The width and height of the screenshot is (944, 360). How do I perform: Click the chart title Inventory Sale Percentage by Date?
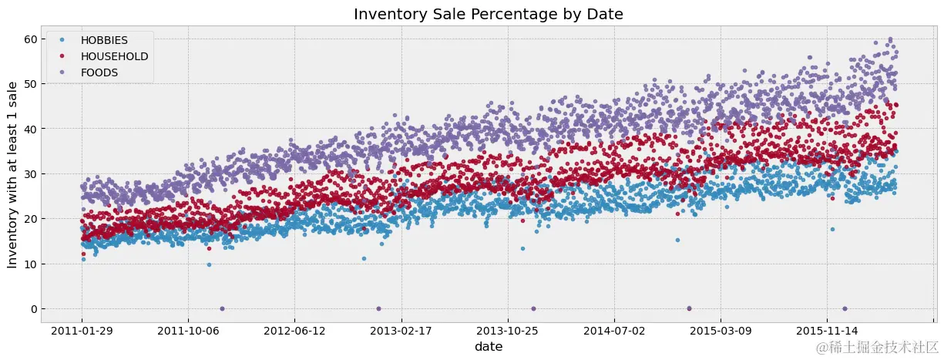[488, 13]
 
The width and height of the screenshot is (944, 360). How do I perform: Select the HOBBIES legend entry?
[106, 39]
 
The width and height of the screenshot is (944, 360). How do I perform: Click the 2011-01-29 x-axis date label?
[82, 331]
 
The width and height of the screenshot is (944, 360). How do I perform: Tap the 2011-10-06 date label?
[188, 331]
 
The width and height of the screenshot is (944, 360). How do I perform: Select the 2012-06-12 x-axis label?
[294, 331]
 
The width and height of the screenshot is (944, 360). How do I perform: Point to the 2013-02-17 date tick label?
[401, 331]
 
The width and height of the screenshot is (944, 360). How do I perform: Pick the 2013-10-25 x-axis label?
[507, 331]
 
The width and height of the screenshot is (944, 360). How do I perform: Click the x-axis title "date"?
[489, 348]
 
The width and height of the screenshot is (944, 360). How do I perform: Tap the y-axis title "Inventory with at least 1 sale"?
[12, 174]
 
